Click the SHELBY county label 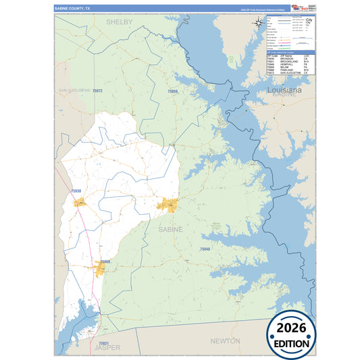tap(119, 22)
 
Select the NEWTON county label tap(225, 341)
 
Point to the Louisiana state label tap(284, 89)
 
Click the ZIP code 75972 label tap(97, 91)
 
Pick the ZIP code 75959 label tap(172, 91)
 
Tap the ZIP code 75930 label tap(76, 191)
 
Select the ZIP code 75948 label tap(205, 249)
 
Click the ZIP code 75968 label tap(104, 261)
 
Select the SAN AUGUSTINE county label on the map tap(73, 90)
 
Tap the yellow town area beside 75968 tap(100, 271)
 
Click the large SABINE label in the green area tap(170, 230)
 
